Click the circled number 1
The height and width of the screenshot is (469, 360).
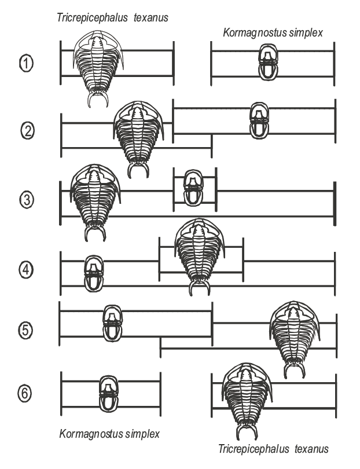tap(26, 64)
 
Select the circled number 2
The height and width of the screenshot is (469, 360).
tap(28, 131)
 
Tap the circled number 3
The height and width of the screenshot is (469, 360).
tap(27, 200)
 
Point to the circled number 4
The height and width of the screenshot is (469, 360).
tap(26, 270)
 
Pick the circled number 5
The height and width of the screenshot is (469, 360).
tap(25, 330)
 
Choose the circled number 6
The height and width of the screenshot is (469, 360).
tap(24, 393)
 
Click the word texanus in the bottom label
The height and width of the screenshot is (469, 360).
tap(311, 449)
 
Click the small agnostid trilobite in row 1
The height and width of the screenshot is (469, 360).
tap(268, 62)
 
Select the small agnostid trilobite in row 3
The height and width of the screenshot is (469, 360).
tap(193, 188)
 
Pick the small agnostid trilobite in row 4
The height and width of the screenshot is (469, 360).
tap(94, 274)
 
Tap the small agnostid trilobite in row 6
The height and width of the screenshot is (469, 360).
tap(109, 394)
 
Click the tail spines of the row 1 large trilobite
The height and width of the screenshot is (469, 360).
tap(98, 98)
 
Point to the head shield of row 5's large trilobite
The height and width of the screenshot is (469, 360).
tap(295, 317)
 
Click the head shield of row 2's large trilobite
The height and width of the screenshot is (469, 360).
tap(138, 116)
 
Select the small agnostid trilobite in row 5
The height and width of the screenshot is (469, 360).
tap(112, 323)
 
